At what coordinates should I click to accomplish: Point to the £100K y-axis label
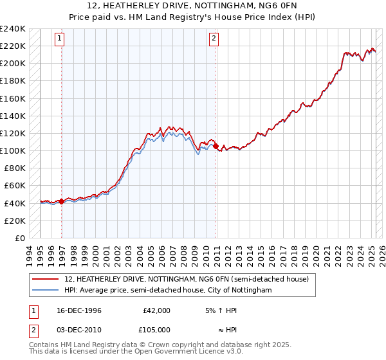click(13, 150)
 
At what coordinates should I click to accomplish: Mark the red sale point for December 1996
click(62, 201)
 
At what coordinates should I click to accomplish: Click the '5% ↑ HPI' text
click(219, 310)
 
